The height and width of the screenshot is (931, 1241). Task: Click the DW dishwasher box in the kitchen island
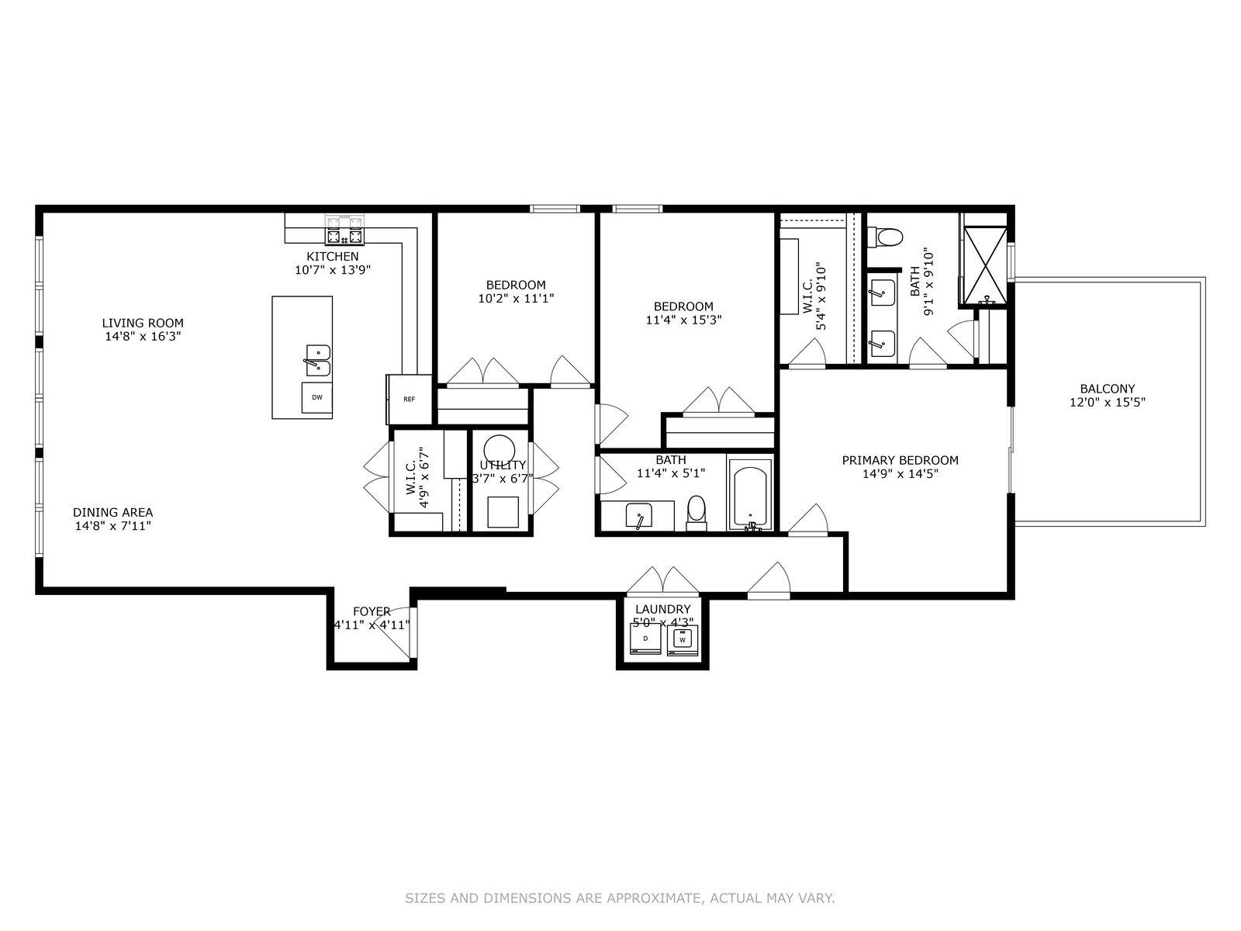pos(316,397)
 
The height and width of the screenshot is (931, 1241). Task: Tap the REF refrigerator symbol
pos(410,399)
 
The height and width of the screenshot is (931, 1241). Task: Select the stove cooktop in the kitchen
pos(344,230)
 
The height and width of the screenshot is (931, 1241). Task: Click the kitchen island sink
pos(318,360)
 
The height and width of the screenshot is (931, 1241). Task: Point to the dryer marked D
pos(645,639)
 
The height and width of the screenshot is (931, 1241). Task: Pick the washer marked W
pos(683,640)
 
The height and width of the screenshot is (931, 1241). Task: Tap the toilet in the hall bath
pos(697,514)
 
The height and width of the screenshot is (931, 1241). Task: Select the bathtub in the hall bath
pos(750,495)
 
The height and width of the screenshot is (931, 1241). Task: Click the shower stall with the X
pos(985,265)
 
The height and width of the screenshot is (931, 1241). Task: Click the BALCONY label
pos(1107,389)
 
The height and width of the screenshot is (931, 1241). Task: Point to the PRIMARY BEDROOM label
pos(900,461)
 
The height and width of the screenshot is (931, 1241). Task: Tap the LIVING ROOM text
pos(143,324)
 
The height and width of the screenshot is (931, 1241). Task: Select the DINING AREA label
pos(112,513)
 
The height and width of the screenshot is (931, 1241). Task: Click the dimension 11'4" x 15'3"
pos(683,320)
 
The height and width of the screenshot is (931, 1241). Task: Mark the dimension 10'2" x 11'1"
pos(516,299)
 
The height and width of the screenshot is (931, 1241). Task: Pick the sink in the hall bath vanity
pos(638,516)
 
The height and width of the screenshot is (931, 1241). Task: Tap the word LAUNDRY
pos(662,609)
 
